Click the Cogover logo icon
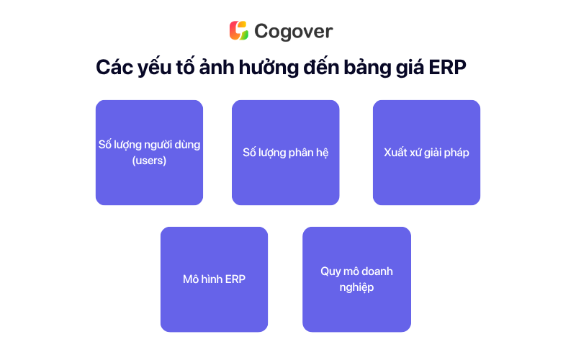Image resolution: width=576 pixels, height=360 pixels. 239,30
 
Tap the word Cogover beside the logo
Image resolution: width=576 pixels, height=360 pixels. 294,32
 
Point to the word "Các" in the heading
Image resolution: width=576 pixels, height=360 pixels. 114,67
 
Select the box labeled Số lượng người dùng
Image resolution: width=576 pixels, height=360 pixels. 149,153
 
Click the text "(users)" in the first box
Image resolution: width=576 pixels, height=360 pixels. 149,161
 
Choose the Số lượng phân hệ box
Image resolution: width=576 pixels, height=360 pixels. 285,153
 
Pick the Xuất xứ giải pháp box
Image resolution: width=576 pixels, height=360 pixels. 426,153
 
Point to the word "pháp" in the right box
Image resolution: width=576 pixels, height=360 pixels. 457,153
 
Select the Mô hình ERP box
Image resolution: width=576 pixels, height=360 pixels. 214,279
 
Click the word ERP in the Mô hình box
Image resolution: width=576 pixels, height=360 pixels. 235,279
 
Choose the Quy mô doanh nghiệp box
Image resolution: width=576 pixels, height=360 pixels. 356,279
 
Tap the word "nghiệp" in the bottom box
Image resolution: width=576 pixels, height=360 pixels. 356,287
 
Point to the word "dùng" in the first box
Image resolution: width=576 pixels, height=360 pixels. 187,145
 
